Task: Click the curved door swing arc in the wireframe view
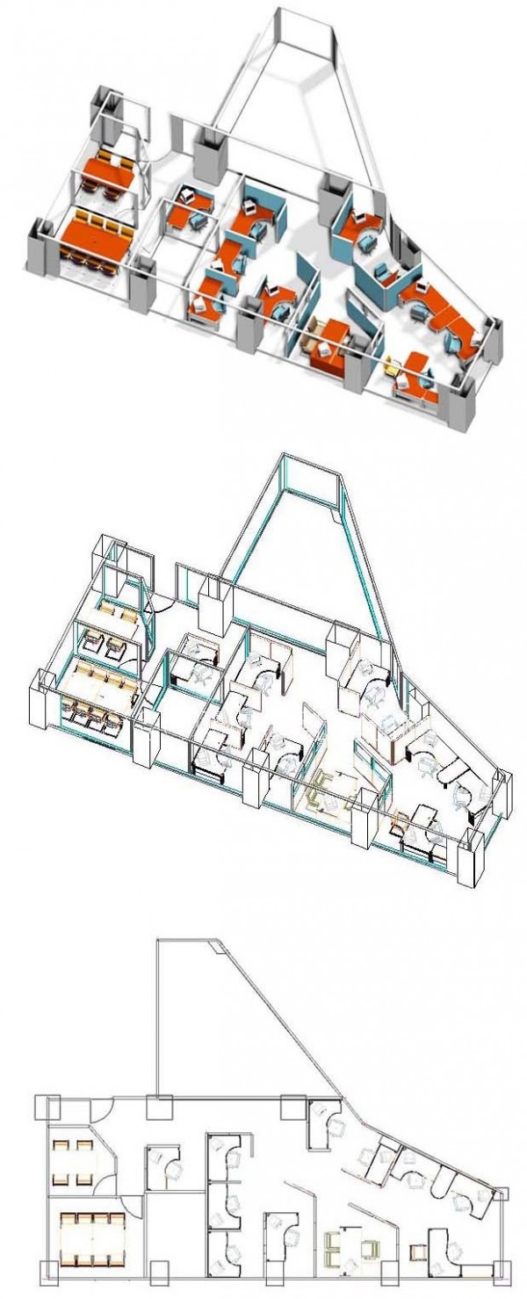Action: [x=162, y=605]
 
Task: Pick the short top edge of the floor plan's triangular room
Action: [x=186, y=939]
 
